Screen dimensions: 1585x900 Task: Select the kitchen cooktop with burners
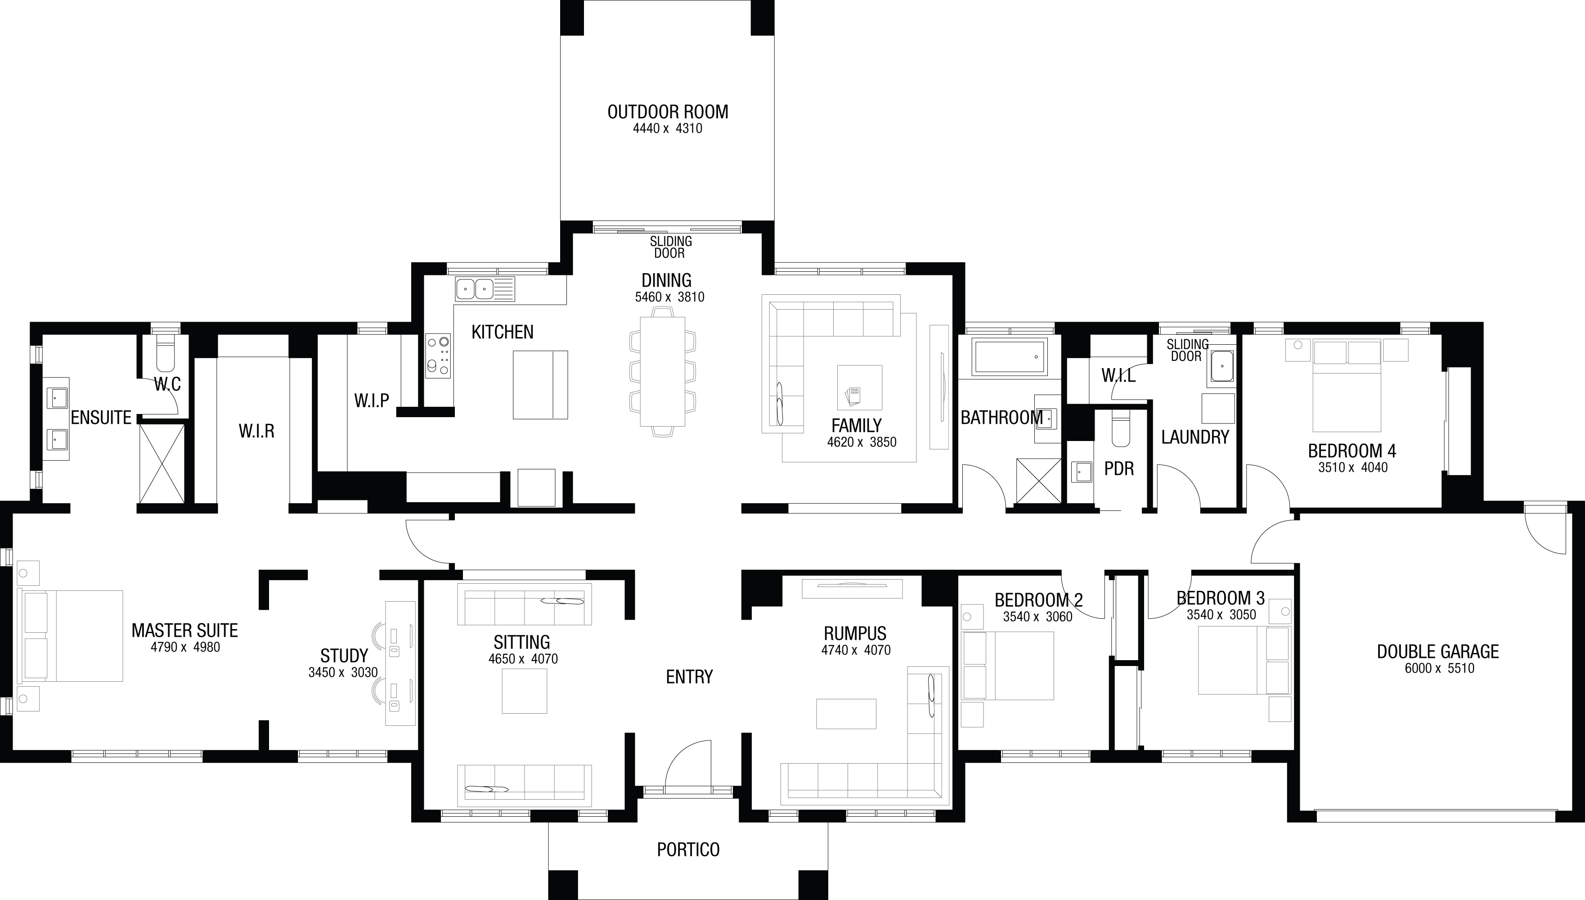pyautogui.click(x=438, y=356)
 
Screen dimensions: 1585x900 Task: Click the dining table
pyautogui.click(x=662, y=371)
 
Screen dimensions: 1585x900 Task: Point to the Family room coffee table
pyautogui.click(x=860, y=387)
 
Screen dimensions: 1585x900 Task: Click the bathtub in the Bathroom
pyautogui.click(x=1010, y=357)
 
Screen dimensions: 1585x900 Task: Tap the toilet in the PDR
pyautogui.click(x=1120, y=428)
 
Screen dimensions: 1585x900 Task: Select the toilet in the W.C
pyautogui.click(x=166, y=353)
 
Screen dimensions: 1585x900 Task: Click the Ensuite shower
pyautogui.click(x=162, y=463)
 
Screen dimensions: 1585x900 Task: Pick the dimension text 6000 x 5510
pyautogui.click(x=1439, y=668)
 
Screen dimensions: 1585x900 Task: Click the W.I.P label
pyautogui.click(x=371, y=400)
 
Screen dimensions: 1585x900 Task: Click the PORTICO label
pyautogui.click(x=688, y=849)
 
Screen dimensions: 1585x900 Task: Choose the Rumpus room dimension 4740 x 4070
pyautogui.click(x=856, y=650)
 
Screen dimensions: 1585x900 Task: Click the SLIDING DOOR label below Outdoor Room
pyautogui.click(x=670, y=247)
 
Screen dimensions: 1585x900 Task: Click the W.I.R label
pyautogui.click(x=256, y=431)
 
